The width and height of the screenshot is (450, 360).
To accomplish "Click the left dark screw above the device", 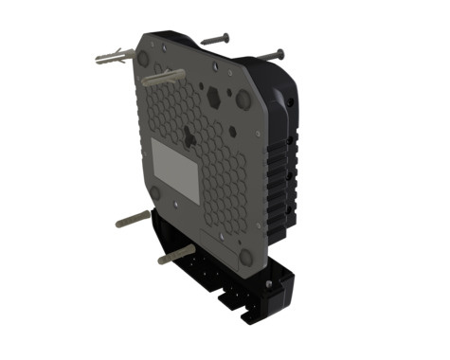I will pyautogui.click(x=215, y=39).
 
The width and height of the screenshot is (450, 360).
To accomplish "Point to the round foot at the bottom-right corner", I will pyautogui.click(x=246, y=256).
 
